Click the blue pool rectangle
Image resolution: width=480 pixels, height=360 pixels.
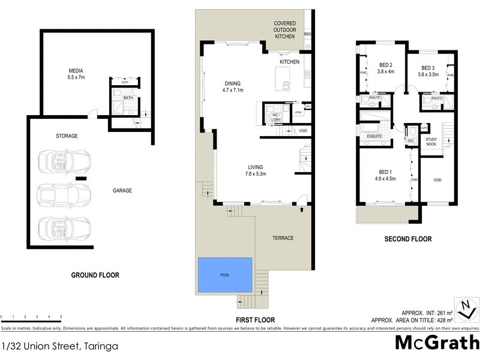point(225,275)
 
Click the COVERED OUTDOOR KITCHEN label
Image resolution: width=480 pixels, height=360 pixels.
point(285,30)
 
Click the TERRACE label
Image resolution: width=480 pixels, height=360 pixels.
point(283,238)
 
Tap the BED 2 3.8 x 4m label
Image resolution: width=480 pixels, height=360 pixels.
point(385,68)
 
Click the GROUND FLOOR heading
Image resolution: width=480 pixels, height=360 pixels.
point(95,275)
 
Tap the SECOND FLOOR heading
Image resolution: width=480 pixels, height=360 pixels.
point(408,239)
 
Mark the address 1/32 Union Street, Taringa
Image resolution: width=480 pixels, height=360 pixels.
point(59,346)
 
